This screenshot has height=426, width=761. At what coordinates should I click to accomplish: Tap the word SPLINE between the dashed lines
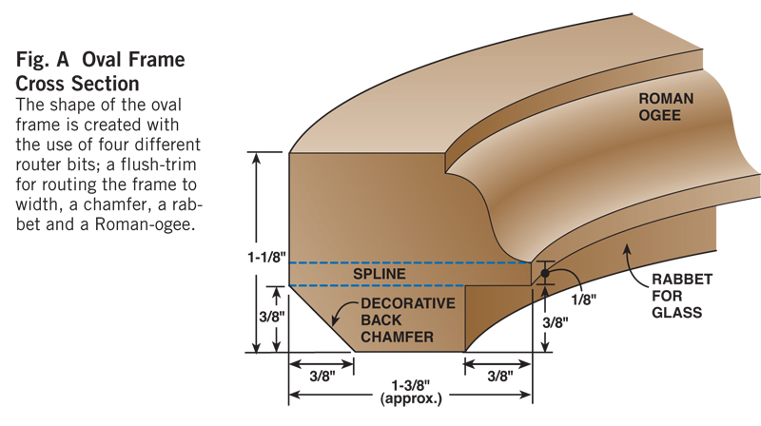(x=380, y=274)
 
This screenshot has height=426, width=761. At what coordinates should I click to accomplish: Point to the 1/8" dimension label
(x=584, y=299)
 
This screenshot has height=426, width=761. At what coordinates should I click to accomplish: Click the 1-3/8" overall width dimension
(x=411, y=384)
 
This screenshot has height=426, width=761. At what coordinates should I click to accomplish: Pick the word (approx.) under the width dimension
(x=411, y=398)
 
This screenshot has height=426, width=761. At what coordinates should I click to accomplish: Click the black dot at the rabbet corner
(x=545, y=274)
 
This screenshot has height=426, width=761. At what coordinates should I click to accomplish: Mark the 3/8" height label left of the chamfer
(x=270, y=314)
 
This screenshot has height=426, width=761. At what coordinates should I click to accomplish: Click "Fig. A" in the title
(x=49, y=60)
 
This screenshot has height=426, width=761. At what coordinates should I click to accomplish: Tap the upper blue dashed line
(x=409, y=262)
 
